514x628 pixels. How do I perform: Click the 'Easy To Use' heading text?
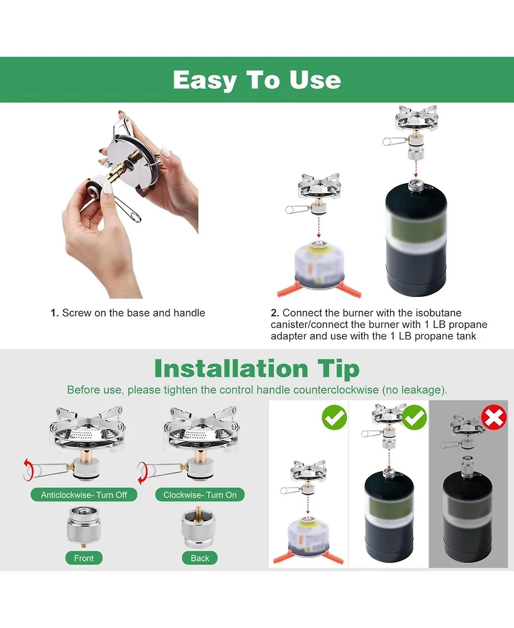click(256, 80)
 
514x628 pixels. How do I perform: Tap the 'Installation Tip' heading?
click(256, 369)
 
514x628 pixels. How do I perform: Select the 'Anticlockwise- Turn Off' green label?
click(84, 495)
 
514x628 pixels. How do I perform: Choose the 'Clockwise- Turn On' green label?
click(200, 495)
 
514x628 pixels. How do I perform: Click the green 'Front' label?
click(84, 558)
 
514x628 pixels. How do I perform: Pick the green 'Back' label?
click(200, 558)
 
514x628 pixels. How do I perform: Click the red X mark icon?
click(493, 417)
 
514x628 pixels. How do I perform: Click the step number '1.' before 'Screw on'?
click(55, 313)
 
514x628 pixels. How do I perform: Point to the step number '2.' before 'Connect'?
click(274, 313)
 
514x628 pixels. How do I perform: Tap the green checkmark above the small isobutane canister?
click(334, 417)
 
